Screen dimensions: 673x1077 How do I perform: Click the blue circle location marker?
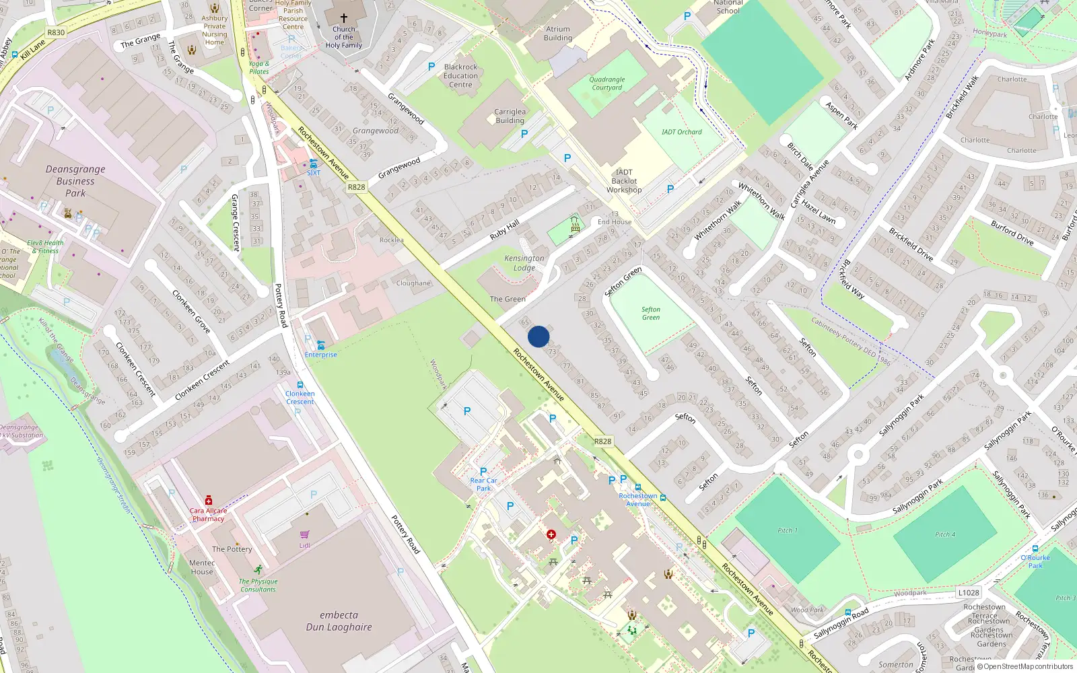coord(538,336)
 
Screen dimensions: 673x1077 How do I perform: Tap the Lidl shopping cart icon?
coord(304,535)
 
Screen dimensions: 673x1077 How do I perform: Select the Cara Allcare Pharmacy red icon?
coord(209,501)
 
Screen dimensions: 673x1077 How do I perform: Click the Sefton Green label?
coord(650,314)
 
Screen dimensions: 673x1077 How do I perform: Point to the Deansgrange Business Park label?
coord(75,181)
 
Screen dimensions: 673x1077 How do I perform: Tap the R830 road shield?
coord(56,32)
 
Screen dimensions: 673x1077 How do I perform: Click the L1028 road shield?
coord(968,592)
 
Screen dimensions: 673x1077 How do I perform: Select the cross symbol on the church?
coord(344,18)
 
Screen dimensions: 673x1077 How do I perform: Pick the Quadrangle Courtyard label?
coord(606,83)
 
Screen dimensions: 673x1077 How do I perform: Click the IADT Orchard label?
coord(681,132)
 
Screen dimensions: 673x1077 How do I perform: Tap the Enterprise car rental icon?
coord(320,345)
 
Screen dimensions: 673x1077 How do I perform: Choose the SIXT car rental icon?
coord(314,164)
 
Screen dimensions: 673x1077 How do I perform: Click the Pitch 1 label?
coord(787,530)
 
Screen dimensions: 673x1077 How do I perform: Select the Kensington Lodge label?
coord(524,262)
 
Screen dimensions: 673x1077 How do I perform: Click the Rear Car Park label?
coord(483,484)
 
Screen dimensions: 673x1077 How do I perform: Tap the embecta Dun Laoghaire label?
coord(339,621)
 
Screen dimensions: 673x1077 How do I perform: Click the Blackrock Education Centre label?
coord(460,75)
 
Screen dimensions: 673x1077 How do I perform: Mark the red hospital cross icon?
coord(551,534)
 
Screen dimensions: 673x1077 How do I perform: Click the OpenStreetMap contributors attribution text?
coord(1027,666)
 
